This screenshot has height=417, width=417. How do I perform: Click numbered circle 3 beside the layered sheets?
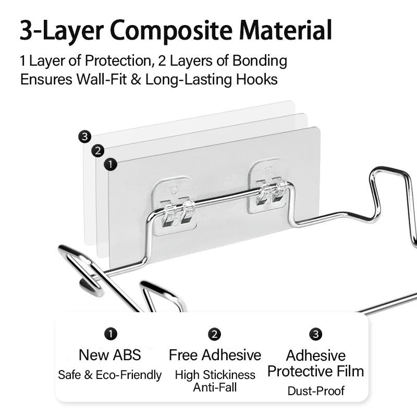click(x=85, y=137)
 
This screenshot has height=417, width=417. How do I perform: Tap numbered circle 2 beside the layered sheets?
click(x=97, y=151)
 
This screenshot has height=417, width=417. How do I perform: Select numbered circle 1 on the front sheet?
click(x=111, y=165)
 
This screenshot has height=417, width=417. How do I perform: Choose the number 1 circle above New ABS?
click(x=111, y=334)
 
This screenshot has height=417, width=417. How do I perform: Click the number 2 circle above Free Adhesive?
click(x=214, y=334)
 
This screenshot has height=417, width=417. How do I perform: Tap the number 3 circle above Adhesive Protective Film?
click(x=315, y=334)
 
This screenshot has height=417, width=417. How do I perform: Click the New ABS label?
click(x=110, y=355)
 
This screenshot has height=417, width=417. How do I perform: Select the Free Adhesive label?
click(x=215, y=355)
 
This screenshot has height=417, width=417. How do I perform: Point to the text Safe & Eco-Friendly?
click(x=110, y=375)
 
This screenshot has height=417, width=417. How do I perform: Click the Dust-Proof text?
click(x=316, y=390)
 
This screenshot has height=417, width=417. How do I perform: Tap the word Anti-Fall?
click(x=215, y=387)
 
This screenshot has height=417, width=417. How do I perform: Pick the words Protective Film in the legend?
click(x=316, y=371)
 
